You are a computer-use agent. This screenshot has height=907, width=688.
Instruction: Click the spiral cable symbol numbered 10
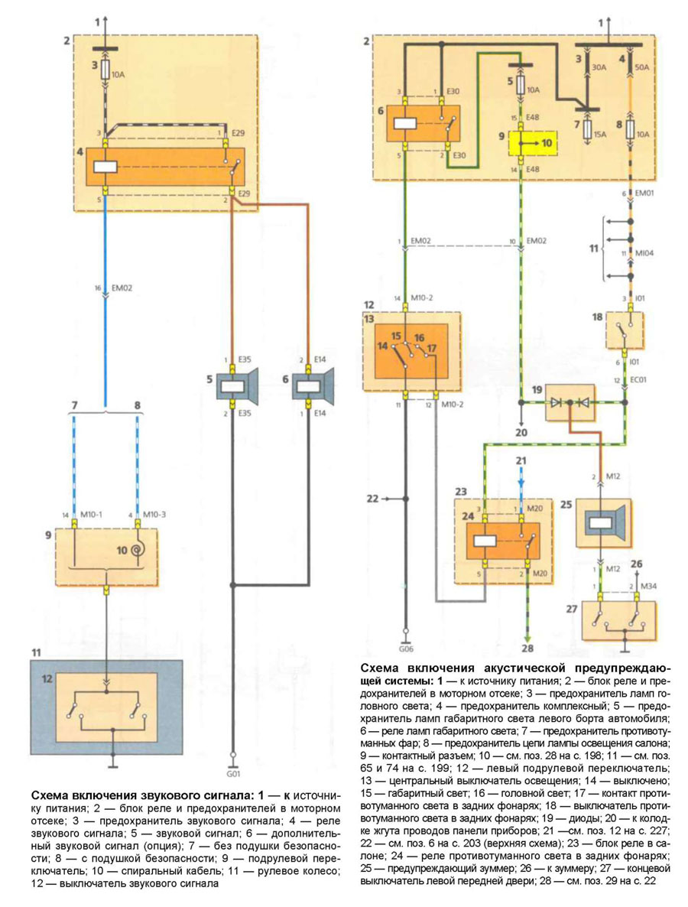138,548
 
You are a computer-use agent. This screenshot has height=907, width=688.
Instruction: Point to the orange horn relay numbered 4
169,167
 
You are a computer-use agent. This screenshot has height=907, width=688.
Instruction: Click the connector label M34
647,587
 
